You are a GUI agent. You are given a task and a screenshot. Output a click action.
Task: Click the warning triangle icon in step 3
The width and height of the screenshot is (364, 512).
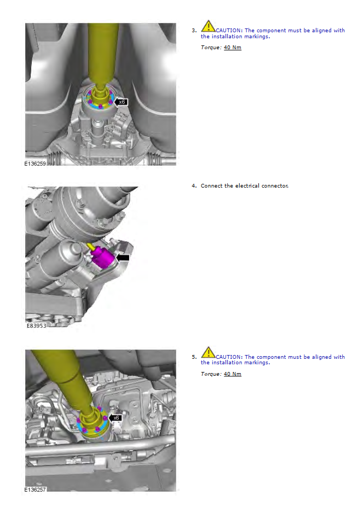[208, 26]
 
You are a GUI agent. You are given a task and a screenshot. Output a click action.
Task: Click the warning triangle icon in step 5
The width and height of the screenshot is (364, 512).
[208, 353]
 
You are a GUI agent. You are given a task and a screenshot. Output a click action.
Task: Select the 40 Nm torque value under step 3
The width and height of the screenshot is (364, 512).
[232, 48]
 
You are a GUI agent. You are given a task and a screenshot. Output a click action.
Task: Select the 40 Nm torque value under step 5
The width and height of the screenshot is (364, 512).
[232, 374]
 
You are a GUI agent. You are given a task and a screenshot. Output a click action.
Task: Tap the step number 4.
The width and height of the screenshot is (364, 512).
[194, 186]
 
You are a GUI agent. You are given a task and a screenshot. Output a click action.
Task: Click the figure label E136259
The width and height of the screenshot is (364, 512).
[35, 163]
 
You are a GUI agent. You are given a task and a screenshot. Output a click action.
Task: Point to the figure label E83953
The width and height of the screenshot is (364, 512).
[36, 325]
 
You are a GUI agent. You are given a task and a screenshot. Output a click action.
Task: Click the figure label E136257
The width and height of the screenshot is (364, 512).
[35, 490]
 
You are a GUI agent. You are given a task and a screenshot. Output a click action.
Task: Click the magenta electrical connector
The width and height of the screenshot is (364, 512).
[103, 258]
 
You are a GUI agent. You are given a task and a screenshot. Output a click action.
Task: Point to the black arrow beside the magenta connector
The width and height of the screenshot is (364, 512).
[123, 258]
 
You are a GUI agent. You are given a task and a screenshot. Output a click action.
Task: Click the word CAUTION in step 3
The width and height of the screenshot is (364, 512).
[229, 31]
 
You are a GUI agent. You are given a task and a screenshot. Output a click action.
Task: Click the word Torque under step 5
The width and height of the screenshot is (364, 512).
[211, 374]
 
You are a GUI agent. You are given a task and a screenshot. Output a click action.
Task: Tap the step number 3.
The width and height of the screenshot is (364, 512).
[194, 31]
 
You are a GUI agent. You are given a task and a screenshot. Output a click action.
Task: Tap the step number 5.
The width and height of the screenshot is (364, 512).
[194, 357]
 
